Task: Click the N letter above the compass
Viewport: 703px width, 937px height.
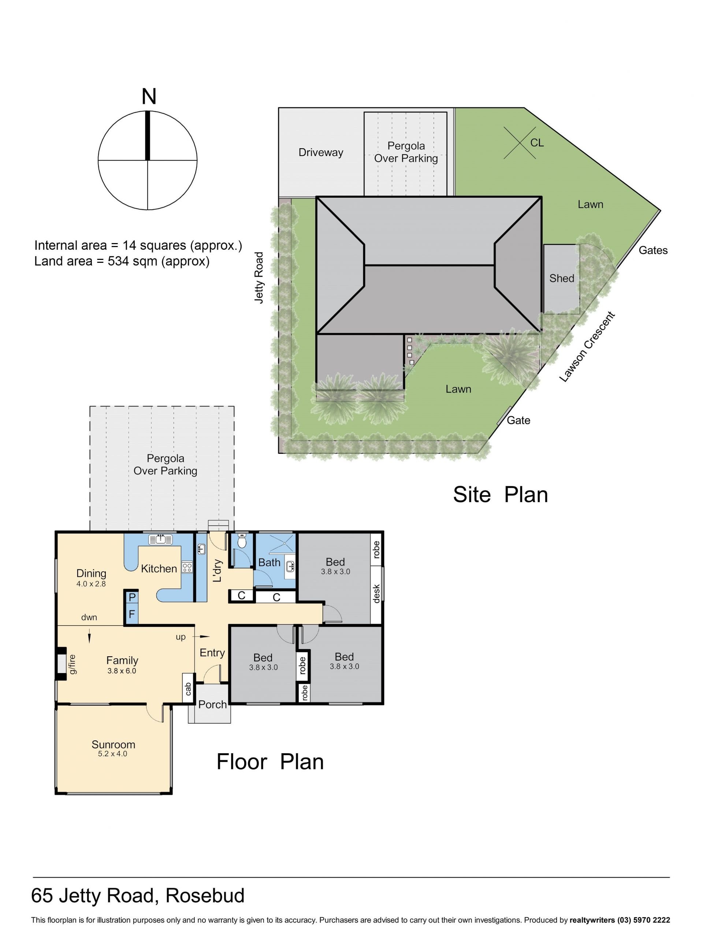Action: point(149,97)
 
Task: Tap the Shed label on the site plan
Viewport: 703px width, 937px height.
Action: point(561,278)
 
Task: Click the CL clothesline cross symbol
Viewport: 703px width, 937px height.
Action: point(520,143)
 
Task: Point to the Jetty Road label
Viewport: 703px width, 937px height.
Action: point(259,277)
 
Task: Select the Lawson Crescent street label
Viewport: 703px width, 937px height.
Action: point(587,347)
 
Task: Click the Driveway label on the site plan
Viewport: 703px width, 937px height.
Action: point(321,153)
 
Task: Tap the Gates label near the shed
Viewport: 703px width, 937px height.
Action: point(653,250)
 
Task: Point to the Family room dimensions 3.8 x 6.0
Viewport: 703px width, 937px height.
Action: point(122,671)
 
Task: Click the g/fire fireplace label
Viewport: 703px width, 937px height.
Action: point(72,664)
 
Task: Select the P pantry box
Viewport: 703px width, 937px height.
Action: point(132,597)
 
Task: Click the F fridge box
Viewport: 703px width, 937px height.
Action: point(132,614)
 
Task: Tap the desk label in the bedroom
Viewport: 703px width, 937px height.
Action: point(376,593)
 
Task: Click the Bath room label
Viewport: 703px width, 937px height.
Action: point(269,562)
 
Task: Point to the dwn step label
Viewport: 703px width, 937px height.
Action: point(89,617)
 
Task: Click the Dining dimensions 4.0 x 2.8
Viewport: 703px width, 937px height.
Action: point(91,583)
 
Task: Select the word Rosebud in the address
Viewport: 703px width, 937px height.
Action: point(205,896)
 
